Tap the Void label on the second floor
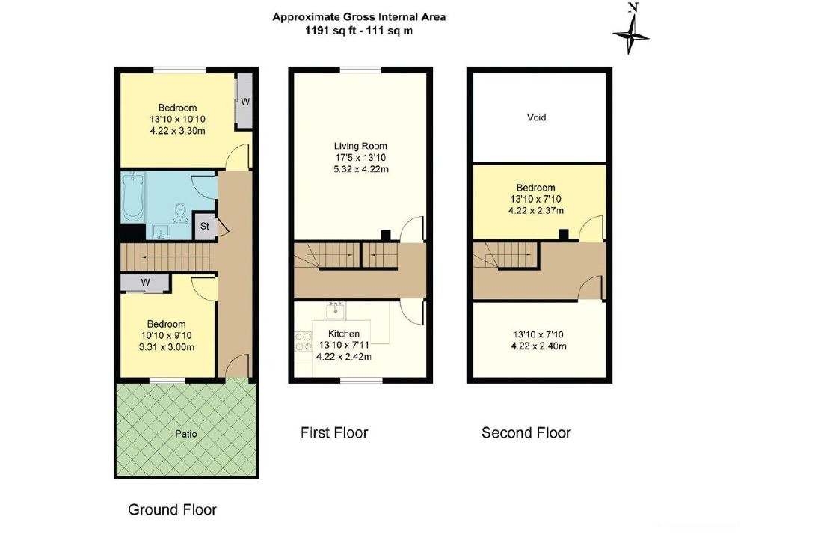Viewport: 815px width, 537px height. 536,117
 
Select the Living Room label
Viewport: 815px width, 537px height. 360,146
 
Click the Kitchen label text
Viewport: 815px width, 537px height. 343,334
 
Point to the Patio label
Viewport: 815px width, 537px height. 185,434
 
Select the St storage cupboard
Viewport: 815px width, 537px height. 205,226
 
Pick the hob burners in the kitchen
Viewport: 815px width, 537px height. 302,342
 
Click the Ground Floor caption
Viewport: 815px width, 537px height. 172,510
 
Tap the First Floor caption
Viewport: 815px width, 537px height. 334,432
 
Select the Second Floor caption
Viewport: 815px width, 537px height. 526,432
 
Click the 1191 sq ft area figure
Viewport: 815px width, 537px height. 325,31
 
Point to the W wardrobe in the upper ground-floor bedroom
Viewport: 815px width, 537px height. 244,102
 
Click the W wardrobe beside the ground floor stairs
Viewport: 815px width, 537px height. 145,283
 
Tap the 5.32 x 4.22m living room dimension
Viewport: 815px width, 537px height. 360,169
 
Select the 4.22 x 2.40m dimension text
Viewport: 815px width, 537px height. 538,346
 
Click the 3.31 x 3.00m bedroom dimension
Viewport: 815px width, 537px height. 166,347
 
